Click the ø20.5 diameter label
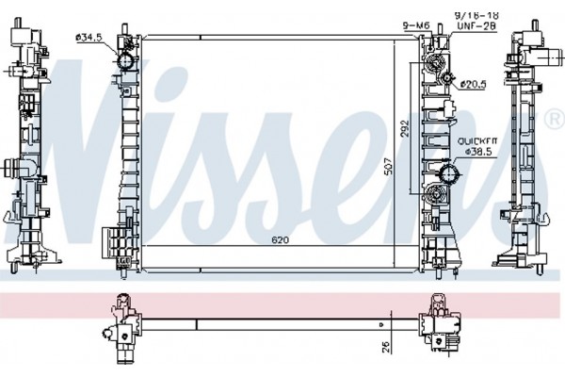473,85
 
